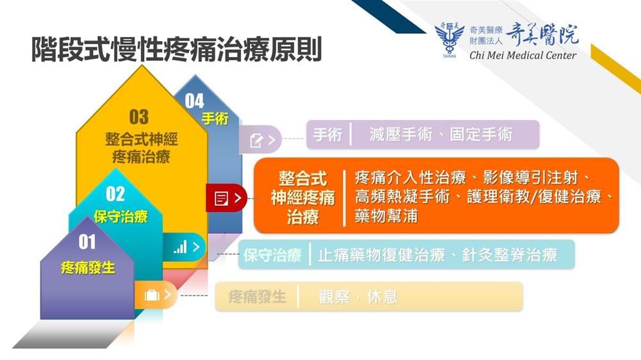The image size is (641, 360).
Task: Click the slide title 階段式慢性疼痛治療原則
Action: pos(177,49)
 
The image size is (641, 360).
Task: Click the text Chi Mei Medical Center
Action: pos(523,55)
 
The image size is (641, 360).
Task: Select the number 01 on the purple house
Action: pos(87,241)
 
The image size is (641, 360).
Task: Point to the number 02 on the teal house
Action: pos(115,193)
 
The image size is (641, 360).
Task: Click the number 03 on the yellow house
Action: pos(139,117)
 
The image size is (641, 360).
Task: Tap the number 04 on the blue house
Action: pos(194,101)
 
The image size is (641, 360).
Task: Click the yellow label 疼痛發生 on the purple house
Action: pos(88,268)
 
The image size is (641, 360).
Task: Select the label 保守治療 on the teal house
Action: pos(121,216)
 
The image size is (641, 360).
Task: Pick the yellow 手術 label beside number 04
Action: pos(215,119)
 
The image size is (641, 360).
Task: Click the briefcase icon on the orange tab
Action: pos(152,295)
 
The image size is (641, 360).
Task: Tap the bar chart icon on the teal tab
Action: pos(180,247)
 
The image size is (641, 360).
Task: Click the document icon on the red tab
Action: pos(221,199)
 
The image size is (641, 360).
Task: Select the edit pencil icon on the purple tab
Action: pos(256,140)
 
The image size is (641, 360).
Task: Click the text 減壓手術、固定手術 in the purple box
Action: pos(441,134)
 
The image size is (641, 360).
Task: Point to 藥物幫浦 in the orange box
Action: pos(386,216)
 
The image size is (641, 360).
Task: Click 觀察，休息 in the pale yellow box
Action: pos(358,297)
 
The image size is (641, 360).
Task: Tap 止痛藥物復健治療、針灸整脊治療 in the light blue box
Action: pos(437,254)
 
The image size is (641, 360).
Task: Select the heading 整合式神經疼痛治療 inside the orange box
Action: pos(303,198)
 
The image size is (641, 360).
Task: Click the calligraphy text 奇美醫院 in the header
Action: pos(542,35)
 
